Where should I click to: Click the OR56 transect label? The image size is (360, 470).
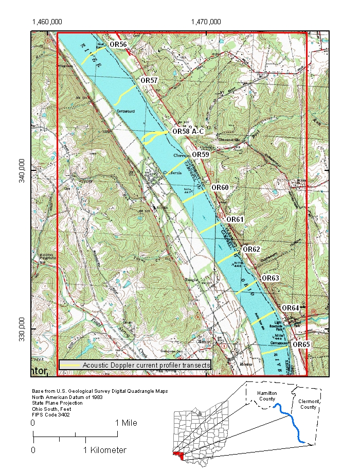(x=118, y=45)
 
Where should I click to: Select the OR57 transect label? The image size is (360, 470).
(x=149, y=81)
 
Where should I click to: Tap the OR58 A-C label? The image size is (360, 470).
(x=188, y=131)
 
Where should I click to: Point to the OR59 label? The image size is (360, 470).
(x=201, y=154)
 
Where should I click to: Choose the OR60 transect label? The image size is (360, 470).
(x=220, y=187)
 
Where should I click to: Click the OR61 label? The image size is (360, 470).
(x=235, y=219)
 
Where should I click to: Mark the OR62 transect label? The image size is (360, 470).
(x=251, y=249)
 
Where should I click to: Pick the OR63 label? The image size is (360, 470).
(x=271, y=278)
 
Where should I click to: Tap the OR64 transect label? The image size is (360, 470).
(x=290, y=308)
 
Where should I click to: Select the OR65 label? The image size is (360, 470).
(x=301, y=344)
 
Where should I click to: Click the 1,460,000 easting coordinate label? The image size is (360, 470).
(x=47, y=22)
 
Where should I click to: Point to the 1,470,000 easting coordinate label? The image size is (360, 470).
(x=206, y=22)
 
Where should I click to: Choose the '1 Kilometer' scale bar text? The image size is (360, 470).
(x=105, y=450)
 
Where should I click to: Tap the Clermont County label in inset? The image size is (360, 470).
(x=308, y=404)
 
